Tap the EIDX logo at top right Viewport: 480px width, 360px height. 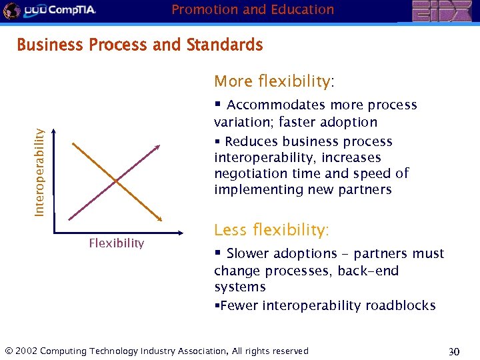pos(442,11)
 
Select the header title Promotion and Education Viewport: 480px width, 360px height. pos(253,9)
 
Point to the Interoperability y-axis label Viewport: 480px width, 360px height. pos(40,172)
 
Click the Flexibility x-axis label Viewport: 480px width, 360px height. pos(117,243)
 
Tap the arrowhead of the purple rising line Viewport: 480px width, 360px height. pos(159,146)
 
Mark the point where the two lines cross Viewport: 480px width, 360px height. pos(116,181)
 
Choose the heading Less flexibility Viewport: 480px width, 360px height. pos(271,230)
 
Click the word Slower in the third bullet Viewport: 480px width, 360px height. pos(249,254)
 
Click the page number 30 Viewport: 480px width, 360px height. pos(453,351)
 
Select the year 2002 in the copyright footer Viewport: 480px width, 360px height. pos(25,351)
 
